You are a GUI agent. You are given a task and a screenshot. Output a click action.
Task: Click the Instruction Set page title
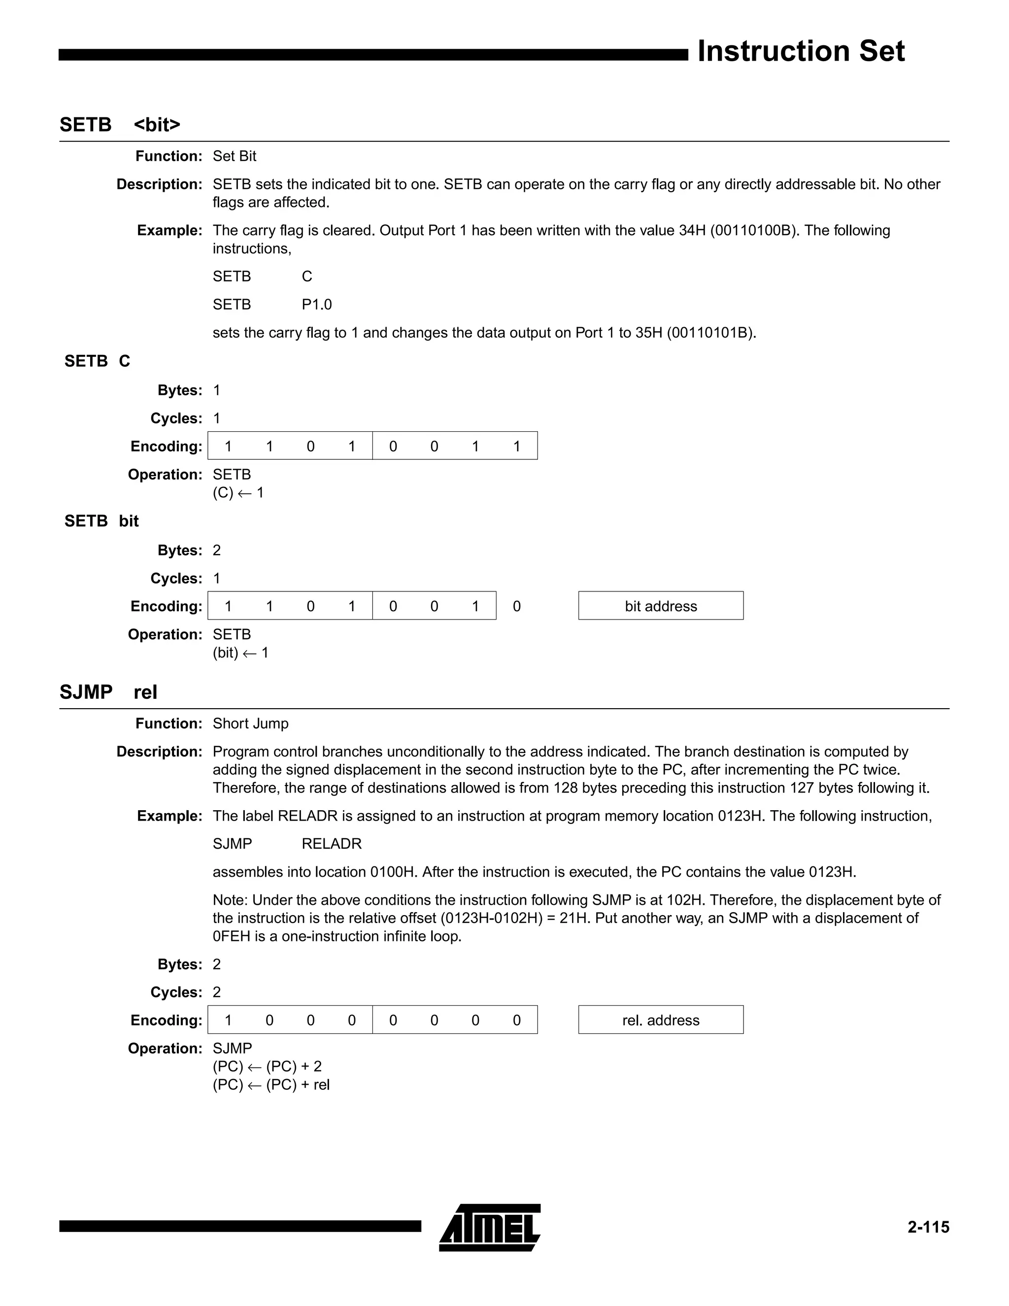[x=801, y=51]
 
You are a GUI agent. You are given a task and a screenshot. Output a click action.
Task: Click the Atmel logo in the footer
[x=490, y=1227]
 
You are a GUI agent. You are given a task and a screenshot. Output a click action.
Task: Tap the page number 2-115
[x=928, y=1227]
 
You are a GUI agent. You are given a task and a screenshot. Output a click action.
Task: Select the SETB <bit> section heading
[x=120, y=124]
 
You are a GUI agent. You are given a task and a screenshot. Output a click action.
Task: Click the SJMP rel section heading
[x=108, y=692]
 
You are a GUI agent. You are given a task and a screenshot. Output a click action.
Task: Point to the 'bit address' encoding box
[x=661, y=606]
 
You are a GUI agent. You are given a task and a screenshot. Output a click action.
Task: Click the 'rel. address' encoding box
[x=661, y=1020]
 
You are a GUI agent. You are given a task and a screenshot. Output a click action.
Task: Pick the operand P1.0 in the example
[x=316, y=305]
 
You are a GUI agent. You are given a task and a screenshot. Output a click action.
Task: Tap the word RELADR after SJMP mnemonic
[x=331, y=844]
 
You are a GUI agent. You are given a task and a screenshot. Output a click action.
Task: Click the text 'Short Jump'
[x=250, y=723]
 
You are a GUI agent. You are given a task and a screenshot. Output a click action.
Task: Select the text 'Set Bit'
[x=235, y=156]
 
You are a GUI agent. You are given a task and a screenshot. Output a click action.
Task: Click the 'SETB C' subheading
[x=97, y=361]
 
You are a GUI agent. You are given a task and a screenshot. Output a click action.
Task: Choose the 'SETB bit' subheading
[x=101, y=521]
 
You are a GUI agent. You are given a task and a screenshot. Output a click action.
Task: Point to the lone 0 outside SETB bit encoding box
[x=516, y=606]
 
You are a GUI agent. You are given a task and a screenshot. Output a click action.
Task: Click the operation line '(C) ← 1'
[x=238, y=493]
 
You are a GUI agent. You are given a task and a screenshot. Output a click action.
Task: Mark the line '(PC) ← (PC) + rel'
[x=271, y=1085]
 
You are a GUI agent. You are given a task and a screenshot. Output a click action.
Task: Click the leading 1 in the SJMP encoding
[x=228, y=1020]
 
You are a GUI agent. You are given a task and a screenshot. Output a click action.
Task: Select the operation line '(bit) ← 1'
[x=240, y=653]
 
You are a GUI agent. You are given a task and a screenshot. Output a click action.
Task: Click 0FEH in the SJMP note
[x=232, y=936]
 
